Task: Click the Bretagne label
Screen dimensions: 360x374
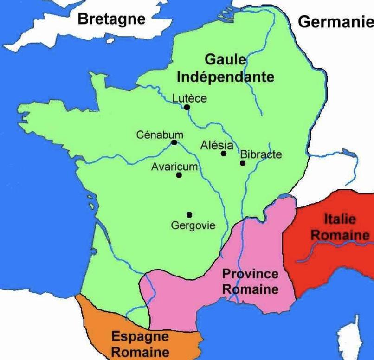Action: click(x=111, y=19)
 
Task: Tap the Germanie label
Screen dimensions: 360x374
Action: click(x=335, y=22)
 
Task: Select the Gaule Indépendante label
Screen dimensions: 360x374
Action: click(x=225, y=68)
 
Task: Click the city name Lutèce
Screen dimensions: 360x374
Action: click(x=189, y=98)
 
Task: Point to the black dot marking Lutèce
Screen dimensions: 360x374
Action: click(x=187, y=107)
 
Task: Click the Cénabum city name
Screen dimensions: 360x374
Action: click(x=160, y=135)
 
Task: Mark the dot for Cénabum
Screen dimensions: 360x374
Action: click(x=174, y=142)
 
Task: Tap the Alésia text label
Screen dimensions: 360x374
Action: click(x=217, y=145)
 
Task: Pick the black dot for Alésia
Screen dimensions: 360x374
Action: click(x=224, y=154)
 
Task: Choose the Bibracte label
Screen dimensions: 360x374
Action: click(x=261, y=154)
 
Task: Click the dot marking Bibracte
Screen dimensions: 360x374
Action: click(x=242, y=163)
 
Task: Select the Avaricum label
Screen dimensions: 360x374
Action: click(x=174, y=167)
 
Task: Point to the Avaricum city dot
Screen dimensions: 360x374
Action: click(x=179, y=175)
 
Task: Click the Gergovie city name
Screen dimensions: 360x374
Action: click(x=193, y=225)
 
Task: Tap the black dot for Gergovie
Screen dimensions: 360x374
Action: click(x=189, y=214)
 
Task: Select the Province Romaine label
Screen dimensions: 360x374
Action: click(x=251, y=281)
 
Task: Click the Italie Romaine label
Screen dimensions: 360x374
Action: click(x=340, y=227)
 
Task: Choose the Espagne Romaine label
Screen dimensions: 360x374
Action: click(x=140, y=344)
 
